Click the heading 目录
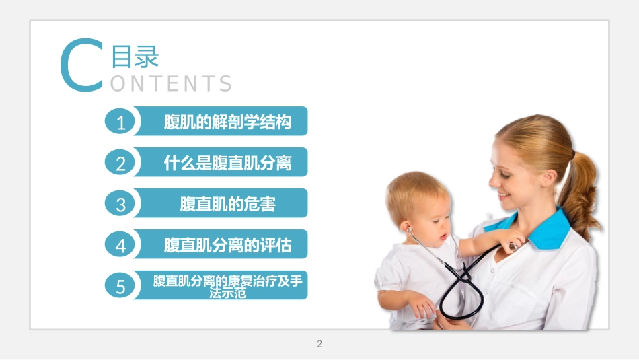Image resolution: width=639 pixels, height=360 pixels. (x=135, y=57)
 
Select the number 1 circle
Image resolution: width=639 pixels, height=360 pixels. (x=121, y=123)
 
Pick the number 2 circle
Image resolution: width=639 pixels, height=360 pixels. (x=121, y=164)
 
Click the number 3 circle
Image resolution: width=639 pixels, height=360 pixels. (x=121, y=205)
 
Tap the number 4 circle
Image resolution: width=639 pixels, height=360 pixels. (x=121, y=246)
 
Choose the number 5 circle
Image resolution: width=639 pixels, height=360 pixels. (x=121, y=287)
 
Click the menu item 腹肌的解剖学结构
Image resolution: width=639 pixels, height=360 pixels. (x=227, y=122)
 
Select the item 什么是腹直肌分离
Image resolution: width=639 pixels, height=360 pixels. (x=227, y=164)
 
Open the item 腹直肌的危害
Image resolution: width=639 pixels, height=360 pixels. (x=227, y=205)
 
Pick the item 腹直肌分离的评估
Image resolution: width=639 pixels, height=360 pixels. (x=227, y=246)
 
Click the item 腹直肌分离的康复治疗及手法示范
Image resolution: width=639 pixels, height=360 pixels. (x=227, y=286)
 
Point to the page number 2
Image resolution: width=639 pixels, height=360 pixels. (x=319, y=344)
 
